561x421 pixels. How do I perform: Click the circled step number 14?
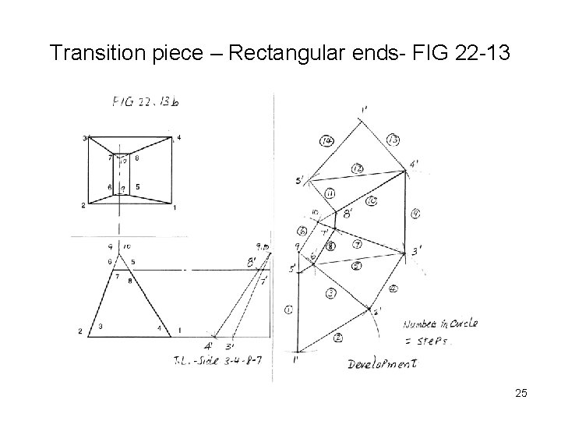point(326,140)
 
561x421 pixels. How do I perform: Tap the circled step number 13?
point(393,140)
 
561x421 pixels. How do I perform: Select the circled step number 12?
point(358,168)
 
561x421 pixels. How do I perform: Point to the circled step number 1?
point(289,310)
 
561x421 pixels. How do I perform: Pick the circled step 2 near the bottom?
point(338,337)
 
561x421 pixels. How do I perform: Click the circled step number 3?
point(330,293)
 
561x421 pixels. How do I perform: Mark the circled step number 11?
point(330,193)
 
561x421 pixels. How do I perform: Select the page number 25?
point(521,394)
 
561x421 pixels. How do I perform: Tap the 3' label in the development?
point(418,251)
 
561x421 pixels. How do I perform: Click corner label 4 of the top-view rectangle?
point(178,138)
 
